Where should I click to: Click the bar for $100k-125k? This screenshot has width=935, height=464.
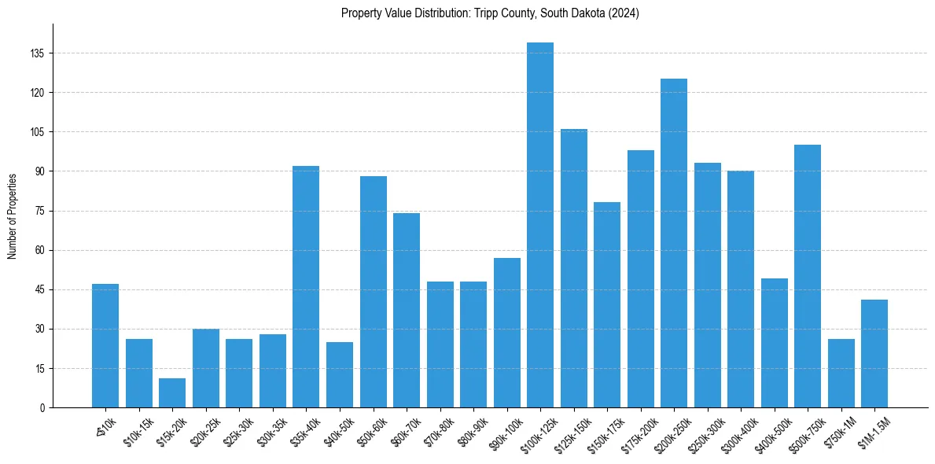[x=540, y=225]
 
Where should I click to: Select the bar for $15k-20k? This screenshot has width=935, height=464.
[x=172, y=393]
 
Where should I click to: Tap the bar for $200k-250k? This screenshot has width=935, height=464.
[x=674, y=243]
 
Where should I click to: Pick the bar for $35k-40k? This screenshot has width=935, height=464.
[x=306, y=287]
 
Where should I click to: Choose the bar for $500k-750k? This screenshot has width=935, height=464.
[x=808, y=276]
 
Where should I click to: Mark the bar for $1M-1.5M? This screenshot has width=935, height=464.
[x=874, y=354]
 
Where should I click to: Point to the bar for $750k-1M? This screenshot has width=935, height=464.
[x=841, y=374]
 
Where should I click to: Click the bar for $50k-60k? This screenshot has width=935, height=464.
[x=373, y=292]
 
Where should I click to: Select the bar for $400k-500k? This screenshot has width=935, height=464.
[x=774, y=343]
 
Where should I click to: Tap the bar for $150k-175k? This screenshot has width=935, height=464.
[x=607, y=305]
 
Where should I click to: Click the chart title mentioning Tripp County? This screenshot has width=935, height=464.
[x=490, y=13]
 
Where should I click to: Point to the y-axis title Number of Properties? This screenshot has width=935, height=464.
[x=13, y=215]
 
